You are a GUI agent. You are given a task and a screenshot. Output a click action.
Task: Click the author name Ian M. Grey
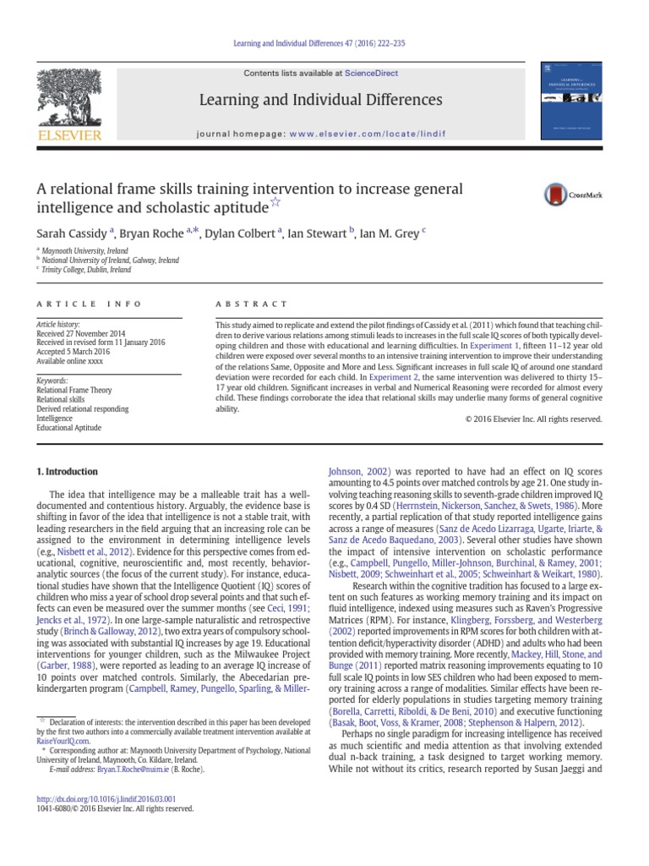pyautogui.click(x=391, y=233)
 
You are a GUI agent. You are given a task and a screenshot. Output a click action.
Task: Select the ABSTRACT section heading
pyautogui.click(x=251, y=304)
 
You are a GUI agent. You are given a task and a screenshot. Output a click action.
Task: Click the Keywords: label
pyautogui.click(x=52, y=381)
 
